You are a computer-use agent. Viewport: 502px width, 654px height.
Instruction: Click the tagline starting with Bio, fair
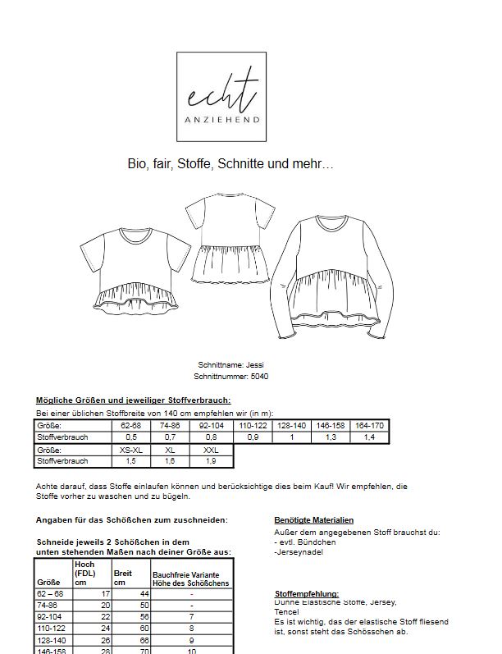pos(230,164)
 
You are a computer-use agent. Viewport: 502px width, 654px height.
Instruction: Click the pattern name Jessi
pos(230,364)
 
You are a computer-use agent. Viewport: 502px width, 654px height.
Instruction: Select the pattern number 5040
pos(230,376)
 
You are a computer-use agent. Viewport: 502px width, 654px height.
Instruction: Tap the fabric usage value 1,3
pos(331,438)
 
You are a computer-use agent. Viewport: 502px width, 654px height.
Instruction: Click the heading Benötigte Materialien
pos(313,520)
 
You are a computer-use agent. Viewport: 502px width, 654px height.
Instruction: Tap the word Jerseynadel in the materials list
pos(297,551)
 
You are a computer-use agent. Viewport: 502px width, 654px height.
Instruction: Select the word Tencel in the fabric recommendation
pos(286,612)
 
